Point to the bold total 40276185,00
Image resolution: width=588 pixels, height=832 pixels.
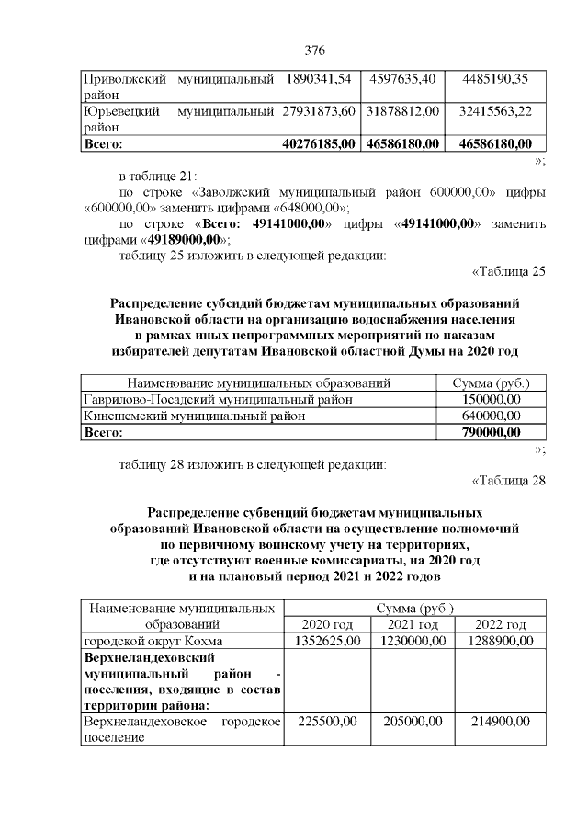point(319,143)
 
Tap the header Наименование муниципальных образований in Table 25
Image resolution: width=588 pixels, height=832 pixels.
point(259,382)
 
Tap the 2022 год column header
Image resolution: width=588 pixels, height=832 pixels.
point(500,624)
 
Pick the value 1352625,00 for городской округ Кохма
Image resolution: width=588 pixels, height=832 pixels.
point(328,640)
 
